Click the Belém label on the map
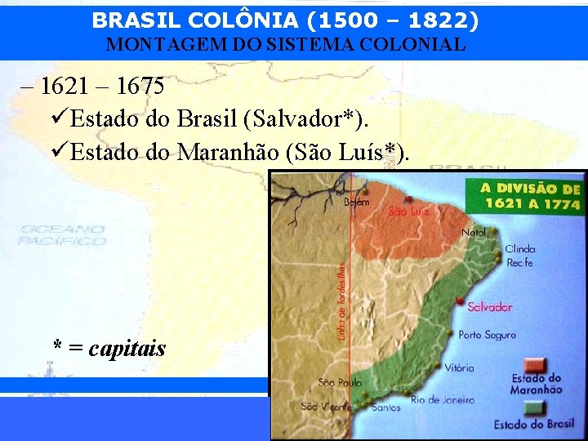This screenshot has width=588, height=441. point(356,202)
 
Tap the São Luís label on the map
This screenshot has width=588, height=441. point(408,212)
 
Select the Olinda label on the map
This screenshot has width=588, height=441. point(520,249)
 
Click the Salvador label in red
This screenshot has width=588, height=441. point(490,307)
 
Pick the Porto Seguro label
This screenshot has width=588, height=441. point(488,335)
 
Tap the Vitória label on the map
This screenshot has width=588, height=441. point(460,368)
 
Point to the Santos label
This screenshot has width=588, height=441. point(385,407)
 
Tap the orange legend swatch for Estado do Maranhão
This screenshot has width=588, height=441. point(536,363)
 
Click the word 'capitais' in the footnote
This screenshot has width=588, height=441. point(127,349)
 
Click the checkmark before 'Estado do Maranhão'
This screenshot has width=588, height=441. point(59,152)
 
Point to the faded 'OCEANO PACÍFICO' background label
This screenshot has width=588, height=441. point(64,235)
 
